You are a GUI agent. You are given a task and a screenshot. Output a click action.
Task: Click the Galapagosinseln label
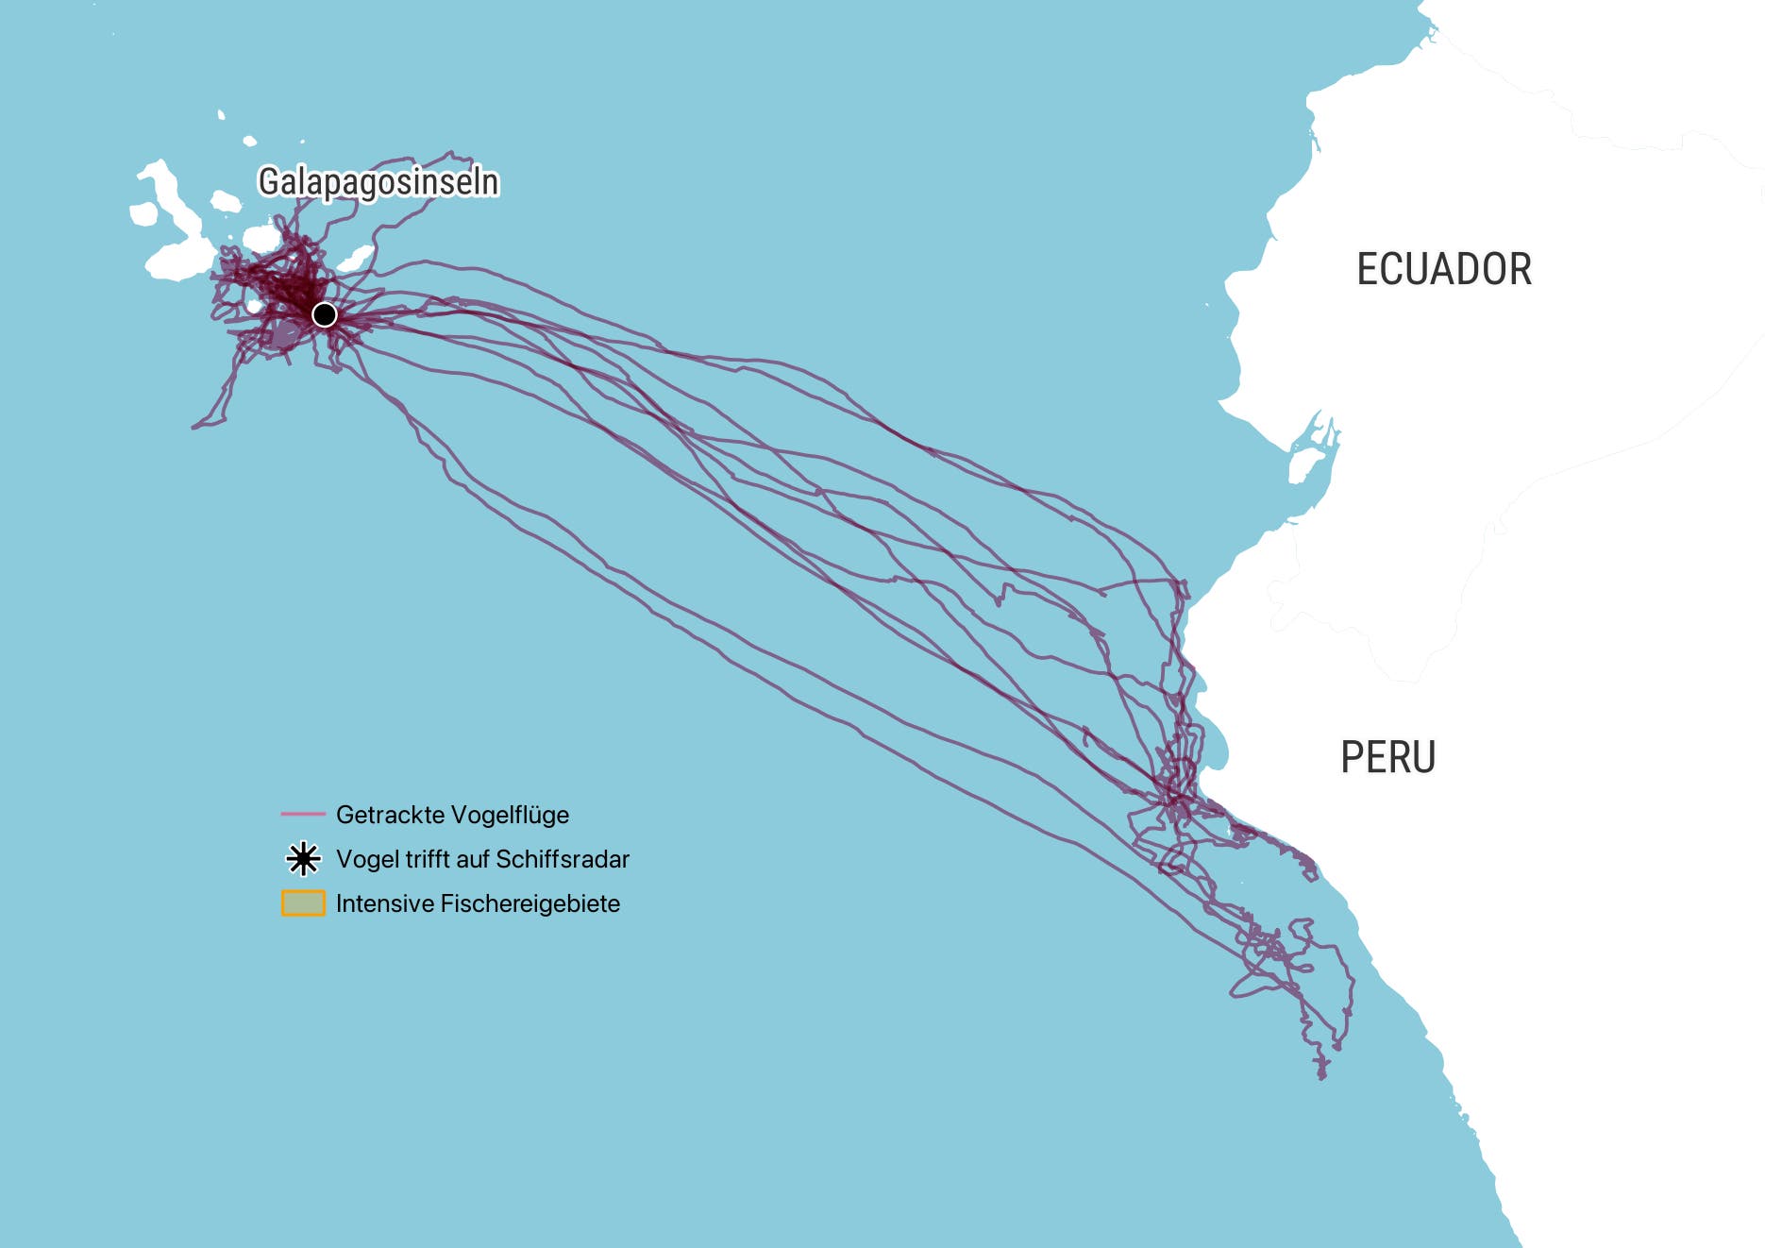[378, 181]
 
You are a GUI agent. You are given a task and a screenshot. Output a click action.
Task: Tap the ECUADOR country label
[1443, 269]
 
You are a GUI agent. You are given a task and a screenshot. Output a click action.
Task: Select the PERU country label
[1387, 757]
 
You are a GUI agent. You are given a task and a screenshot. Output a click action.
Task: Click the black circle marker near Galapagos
[324, 314]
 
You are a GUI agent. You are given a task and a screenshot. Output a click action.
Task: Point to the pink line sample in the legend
[303, 814]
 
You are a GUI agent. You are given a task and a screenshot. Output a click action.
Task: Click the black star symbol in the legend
[303, 859]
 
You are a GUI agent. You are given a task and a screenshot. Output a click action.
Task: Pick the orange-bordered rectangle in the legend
[303, 903]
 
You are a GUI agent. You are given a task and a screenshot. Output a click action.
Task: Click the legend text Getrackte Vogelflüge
[452, 815]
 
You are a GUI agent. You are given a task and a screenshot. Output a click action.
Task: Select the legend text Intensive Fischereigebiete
[478, 903]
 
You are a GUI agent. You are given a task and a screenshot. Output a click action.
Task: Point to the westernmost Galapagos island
[143, 214]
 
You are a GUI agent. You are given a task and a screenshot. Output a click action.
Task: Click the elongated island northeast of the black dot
[355, 258]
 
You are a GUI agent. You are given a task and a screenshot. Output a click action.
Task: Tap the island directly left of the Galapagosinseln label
[226, 201]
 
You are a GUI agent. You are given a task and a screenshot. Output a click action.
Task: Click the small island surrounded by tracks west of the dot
[254, 307]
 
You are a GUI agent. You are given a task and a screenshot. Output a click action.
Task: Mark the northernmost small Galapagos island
[221, 115]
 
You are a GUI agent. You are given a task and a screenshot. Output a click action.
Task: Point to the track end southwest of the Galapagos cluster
[194, 427]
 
